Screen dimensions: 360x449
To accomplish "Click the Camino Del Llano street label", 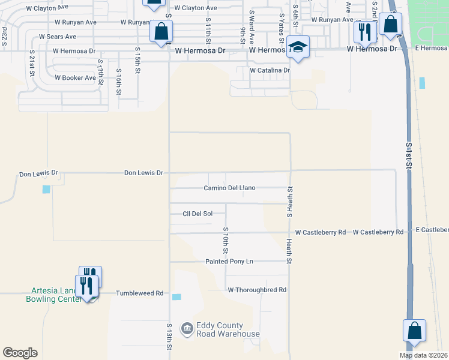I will click(x=229, y=188).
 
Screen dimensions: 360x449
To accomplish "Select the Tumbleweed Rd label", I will click(x=140, y=293).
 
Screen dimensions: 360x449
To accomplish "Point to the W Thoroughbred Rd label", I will click(x=257, y=290).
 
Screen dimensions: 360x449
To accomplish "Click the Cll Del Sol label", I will click(x=197, y=214).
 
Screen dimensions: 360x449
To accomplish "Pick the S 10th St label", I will click(x=226, y=239).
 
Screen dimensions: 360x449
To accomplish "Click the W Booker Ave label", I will click(x=75, y=78).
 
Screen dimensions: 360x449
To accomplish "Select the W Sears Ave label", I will click(x=58, y=37).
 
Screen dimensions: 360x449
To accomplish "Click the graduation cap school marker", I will click(x=298, y=48).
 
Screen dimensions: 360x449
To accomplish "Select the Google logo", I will click(x=20, y=353).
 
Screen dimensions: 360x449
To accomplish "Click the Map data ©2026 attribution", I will click(x=423, y=355).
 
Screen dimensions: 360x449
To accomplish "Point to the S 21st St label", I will click(x=32, y=63).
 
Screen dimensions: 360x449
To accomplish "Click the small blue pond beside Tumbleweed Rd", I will click(x=176, y=296).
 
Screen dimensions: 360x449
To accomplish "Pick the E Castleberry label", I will click(x=432, y=230).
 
